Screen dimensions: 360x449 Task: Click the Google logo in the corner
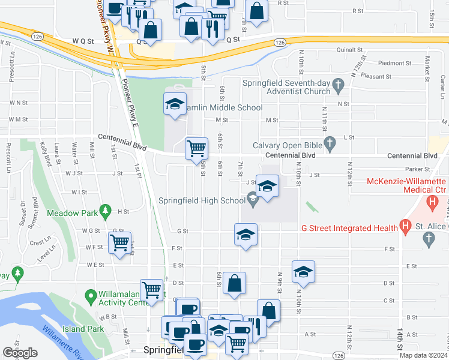20,353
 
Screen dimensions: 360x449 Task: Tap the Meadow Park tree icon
106,210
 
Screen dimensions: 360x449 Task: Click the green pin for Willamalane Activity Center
91,295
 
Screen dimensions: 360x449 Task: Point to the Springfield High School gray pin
253,200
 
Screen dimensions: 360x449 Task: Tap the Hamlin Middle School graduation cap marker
175,105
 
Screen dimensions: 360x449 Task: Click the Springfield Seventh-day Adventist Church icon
338,83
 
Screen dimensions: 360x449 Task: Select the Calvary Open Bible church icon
328,144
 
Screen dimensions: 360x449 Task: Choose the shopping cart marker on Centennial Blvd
196,148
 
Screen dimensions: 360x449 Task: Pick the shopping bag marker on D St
234,283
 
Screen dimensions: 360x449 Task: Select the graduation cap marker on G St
246,235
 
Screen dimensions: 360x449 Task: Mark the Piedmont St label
394,63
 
